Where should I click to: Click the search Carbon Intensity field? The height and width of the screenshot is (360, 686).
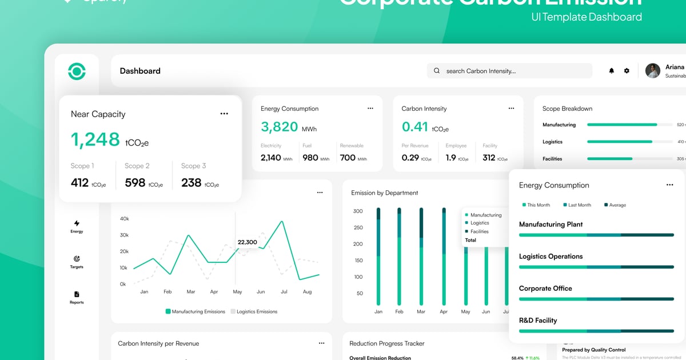click(509, 71)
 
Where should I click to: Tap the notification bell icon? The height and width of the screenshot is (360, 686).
click(612, 71)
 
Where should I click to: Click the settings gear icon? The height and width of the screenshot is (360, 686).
click(627, 71)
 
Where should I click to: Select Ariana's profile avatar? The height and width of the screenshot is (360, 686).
click(653, 71)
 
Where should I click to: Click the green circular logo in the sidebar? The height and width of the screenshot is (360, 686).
click(77, 71)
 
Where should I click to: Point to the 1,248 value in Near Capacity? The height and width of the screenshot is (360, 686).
click(95, 139)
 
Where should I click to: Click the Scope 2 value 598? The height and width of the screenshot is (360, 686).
click(135, 183)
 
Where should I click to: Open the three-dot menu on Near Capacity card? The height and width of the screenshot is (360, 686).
click(224, 114)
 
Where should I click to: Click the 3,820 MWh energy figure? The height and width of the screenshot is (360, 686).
click(280, 127)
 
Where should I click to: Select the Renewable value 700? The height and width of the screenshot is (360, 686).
click(348, 158)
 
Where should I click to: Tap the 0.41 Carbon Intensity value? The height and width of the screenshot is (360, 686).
click(415, 127)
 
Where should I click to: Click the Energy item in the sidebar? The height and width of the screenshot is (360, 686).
click(77, 226)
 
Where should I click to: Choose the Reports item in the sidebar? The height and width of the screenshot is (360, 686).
click(77, 297)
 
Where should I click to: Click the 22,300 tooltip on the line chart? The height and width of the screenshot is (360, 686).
click(247, 242)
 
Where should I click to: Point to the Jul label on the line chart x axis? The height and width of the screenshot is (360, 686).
click(284, 292)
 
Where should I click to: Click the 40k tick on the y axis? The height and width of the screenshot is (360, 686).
click(124, 219)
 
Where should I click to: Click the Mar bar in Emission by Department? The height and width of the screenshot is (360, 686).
click(421, 257)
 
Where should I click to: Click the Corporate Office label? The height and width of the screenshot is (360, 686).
click(545, 289)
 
